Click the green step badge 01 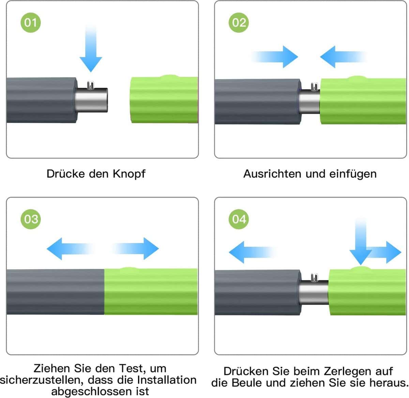[x=31, y=22]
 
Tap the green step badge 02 [x=239, y=22]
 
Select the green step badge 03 [x=31, y=219]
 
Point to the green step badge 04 [x=239, y=219]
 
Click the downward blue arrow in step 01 [x=91, y=48]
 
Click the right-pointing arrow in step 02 [x=275, y=57]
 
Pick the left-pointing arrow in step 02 [x=343, y=57]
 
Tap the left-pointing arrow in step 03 [x=70, y=249]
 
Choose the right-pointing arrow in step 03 [x=136, y=249]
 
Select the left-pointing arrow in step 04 [x=252, y=252]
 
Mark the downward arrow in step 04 [x=361, y=242]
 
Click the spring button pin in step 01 [x=91, y=85]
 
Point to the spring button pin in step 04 [x=315, y=277]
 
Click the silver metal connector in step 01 [x=91, y=100]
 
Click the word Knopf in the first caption [x=129, y=174]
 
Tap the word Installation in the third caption [x=167, y=380]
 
